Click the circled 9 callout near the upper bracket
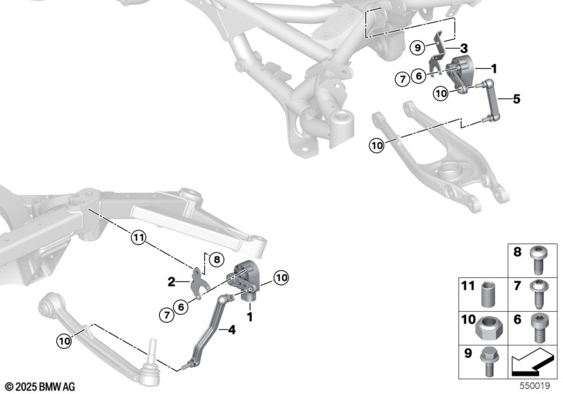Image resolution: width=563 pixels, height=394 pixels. click(x=417, y=47)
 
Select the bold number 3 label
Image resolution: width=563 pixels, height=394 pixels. click(x=464, y=48)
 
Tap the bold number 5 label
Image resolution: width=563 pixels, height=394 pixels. click(x=517, y=99)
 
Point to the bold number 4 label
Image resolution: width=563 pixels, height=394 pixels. click(x=232, y=329)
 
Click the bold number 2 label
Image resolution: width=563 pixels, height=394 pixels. click(x=171, y=282)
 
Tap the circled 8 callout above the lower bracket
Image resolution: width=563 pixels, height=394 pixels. click(x=217, y=259)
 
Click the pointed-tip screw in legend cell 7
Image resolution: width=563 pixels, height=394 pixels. click(x=538, y=294)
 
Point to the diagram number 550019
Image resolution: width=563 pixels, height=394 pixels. click(x=535, y=386)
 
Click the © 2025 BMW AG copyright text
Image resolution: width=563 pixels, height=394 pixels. click(x=40, y=387)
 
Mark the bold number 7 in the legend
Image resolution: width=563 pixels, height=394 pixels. click(x=517, y=286)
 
